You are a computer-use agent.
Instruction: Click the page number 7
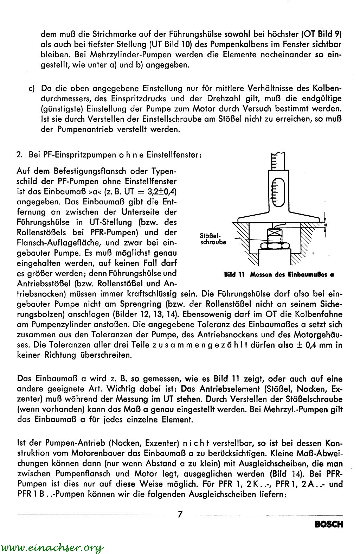[180, 514]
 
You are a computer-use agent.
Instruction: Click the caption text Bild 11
[234, 275]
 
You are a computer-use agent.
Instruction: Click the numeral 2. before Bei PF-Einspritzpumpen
[20, 154]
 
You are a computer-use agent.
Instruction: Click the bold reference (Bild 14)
[285, 474]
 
